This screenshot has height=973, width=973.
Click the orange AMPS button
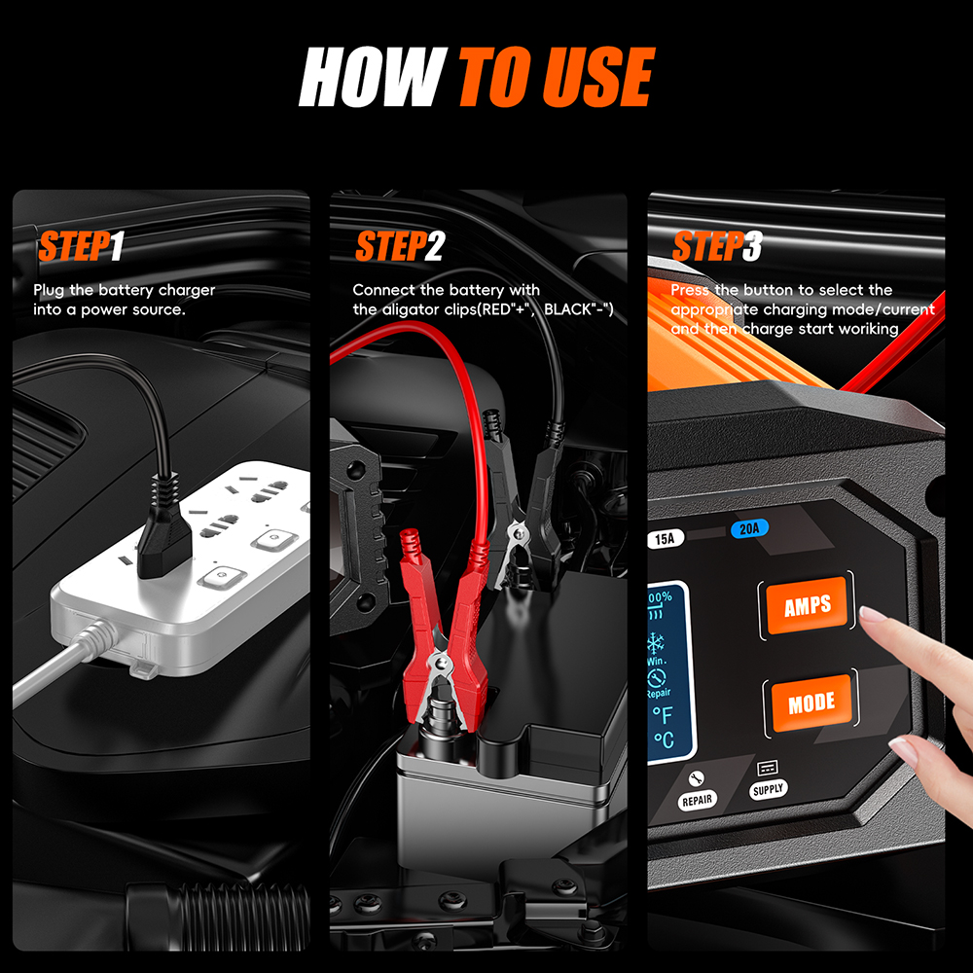[807, 605]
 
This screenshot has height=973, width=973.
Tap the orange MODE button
[811, 702]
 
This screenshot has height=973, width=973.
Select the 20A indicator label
[750, 528]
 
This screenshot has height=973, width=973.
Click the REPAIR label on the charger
[697, 800]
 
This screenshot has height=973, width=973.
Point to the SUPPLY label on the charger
[768, 790]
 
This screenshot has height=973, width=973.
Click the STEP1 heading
[82, 247]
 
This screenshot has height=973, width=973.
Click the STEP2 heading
[399, 247]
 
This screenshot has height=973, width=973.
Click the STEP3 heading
[716, 247]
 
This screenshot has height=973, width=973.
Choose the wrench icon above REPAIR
[696, 778]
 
